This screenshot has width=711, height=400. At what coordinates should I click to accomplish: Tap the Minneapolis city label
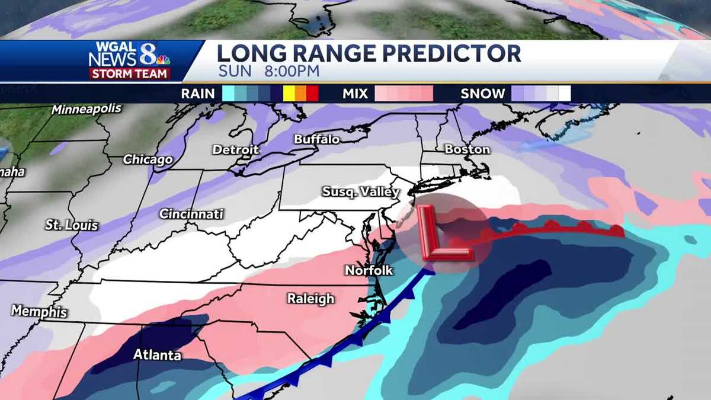87,110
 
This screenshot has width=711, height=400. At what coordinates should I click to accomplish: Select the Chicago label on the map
148,160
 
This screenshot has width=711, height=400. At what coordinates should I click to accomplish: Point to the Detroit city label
236,150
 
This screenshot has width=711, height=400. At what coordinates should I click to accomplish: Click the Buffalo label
317,140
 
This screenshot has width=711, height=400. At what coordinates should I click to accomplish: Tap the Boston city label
467,149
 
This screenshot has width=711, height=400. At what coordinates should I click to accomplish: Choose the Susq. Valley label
360,192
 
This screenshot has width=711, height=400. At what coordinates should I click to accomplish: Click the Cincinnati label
191,214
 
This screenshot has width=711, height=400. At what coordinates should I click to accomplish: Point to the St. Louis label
72,225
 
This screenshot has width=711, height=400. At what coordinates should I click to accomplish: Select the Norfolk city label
369,271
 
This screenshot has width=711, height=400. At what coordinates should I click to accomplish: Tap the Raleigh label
311,299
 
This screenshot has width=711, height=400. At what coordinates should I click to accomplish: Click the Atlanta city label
157,356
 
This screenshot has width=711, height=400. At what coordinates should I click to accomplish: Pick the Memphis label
39,312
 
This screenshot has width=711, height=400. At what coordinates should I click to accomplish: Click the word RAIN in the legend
197,94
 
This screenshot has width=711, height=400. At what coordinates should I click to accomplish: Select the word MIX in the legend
355,94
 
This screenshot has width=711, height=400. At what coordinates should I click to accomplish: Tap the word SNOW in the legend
483,94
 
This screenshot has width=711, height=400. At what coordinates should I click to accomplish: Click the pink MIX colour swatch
403,94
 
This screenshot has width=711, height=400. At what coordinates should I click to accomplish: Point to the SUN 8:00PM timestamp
268,72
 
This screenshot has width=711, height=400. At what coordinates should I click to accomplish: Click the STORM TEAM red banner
130,73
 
